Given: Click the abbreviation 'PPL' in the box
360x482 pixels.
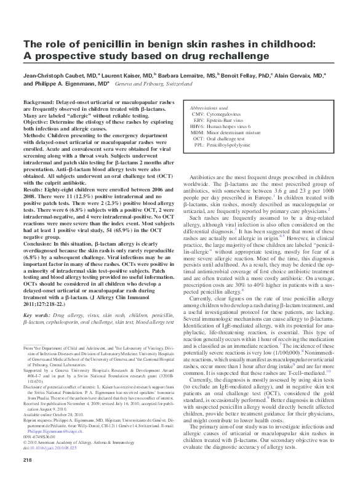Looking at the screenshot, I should click(199, 145).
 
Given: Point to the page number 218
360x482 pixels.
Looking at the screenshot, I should click(28, 459).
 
